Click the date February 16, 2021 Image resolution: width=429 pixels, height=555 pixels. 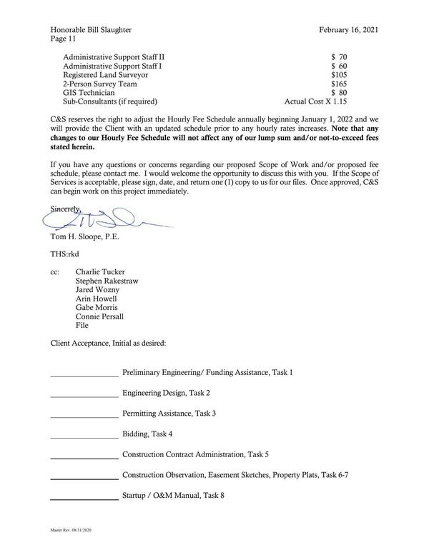click(x=348, y=29)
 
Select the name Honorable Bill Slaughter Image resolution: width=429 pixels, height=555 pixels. click(x=91, y=29)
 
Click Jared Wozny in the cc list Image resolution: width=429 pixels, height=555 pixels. click(x=97, y=289)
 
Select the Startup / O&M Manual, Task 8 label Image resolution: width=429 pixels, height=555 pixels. click(x=174, y=495)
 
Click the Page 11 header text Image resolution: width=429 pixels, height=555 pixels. click(x=64, y=39)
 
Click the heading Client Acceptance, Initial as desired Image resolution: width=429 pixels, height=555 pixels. click(x=108, y=343)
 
